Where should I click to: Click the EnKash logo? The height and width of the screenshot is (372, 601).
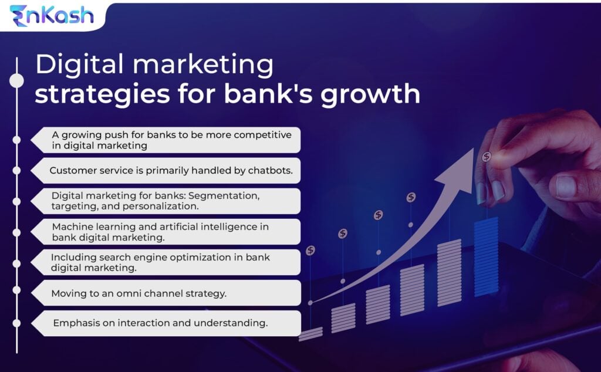click(x=52, y=16)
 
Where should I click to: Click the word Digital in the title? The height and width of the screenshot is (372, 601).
click(x=80, y=64)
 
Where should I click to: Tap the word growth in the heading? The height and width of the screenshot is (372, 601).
click(x=370, y=94)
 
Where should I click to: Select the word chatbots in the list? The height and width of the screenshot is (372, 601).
click(x=270, y=171)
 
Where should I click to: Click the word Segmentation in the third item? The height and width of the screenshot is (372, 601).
click(x=224, y=196)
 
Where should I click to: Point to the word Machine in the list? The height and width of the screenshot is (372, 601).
click(x=72, y=227)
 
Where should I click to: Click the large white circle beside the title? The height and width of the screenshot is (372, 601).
click(x=16, y=81)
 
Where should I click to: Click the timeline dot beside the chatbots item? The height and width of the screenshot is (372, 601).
click(x=16, y=170)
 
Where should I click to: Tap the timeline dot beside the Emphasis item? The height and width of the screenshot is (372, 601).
click(x=16, y=323)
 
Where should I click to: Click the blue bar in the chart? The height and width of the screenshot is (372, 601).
click(x=487, y=257)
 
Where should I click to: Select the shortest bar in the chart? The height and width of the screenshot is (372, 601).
click(x=310, y=334)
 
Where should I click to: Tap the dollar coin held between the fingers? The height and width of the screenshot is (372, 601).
click(x=487, y=156)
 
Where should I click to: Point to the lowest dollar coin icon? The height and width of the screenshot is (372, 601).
click(x=310, y=251)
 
